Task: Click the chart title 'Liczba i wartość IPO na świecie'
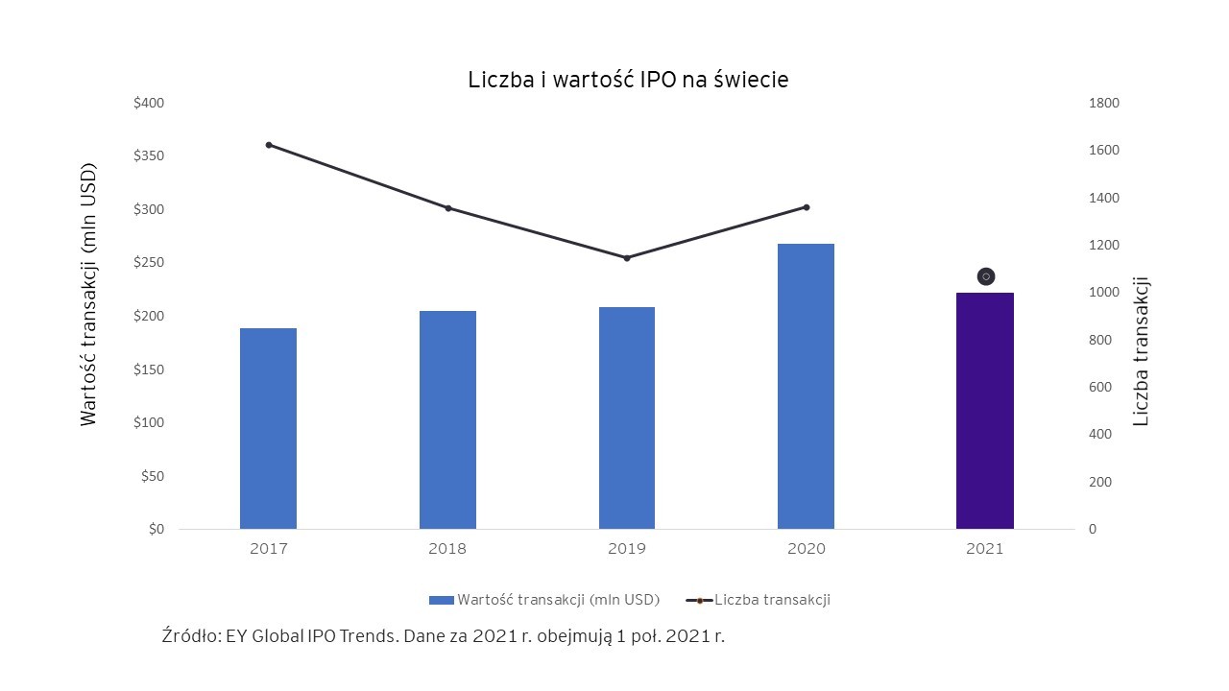pos(628,81)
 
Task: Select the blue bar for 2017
pos(268,428)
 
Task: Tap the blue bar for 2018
pos(447,419)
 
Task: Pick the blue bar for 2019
pos(627,417)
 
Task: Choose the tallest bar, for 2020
pos(806,386)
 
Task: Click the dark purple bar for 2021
pos(985,411)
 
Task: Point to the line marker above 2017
pos(269,145)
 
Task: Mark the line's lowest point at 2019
pos(627,258)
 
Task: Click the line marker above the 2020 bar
pos(807,207)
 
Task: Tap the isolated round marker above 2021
pos(985,276)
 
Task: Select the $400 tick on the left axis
pos(149,103)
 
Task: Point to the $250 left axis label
pos(149,263)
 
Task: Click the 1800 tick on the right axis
pos(1103,103)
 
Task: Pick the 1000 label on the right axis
pos(1103,293)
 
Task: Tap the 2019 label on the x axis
pos(627,549)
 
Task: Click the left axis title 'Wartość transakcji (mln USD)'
pos(89,293)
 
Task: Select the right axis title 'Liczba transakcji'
pos(1141,351)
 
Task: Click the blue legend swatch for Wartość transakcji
pos(441,600)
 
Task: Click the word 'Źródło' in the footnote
pos(190,635)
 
